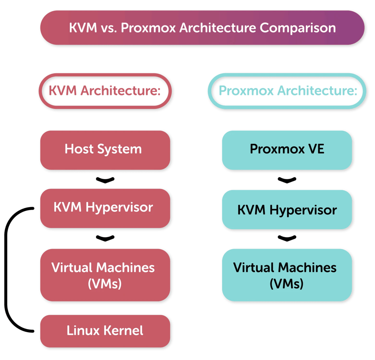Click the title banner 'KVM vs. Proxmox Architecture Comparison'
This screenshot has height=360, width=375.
202,28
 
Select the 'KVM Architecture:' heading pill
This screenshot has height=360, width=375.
105,91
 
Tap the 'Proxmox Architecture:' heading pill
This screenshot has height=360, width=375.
288,91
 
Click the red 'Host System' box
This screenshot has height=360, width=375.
105,149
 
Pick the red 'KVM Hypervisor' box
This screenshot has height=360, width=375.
105,207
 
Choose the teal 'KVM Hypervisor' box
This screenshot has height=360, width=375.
287,210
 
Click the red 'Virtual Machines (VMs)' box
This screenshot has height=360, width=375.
105,275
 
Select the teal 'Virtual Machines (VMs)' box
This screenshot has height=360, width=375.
287,275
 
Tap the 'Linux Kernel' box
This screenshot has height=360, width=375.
105,331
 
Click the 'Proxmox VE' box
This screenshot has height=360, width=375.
287,149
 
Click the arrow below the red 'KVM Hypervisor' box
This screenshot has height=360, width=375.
104,238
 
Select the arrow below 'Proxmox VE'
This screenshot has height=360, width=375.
287,180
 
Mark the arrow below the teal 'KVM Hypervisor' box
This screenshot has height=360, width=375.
287,238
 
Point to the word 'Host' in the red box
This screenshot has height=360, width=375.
78,149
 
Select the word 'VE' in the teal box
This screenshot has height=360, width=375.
316,149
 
